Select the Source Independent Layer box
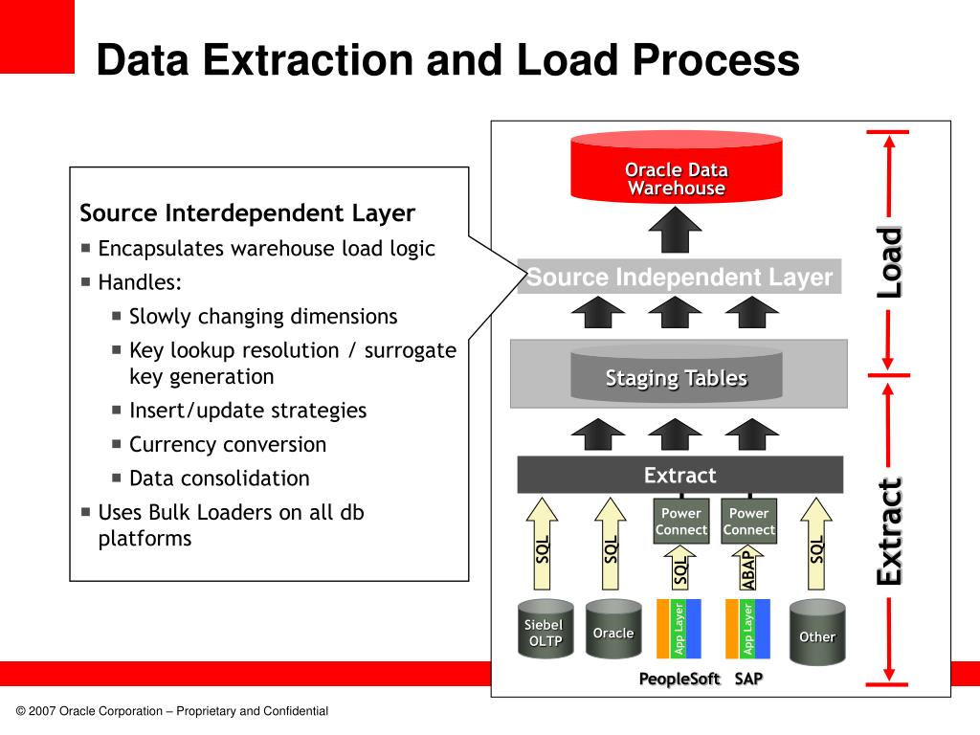point(679,278)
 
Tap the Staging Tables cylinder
point(676,378)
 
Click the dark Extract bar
point(679,475)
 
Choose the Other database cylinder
point(816,634)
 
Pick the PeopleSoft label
point(679,679)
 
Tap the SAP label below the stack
point(749,679)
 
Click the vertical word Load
point(890,262)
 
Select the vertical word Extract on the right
point(890,531)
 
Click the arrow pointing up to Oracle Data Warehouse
point(676,230)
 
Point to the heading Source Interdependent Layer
point(247,212)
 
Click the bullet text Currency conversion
point(228,444)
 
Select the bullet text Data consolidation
point(219,478)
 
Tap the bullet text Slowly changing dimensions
point(263,316)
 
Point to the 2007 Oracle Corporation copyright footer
point(172,711)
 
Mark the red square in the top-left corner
point(36,36)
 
